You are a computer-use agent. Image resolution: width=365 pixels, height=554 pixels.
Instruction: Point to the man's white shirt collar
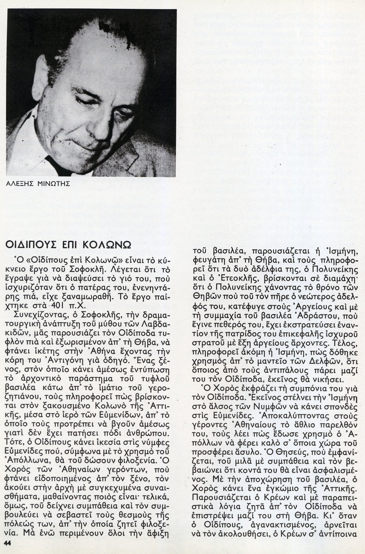tap(35, 152)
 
